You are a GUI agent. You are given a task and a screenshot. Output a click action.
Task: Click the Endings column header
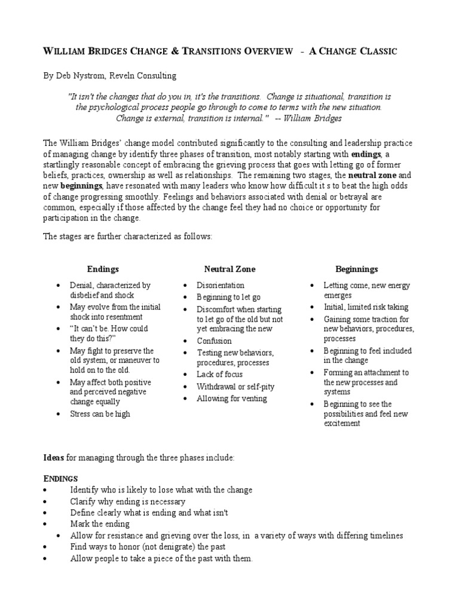[103, 270]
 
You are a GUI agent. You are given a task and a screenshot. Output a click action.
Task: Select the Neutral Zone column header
[229, 270]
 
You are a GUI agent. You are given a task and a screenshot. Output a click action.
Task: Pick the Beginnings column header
[356, 270]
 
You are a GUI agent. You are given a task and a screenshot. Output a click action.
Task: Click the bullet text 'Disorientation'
[221, 286]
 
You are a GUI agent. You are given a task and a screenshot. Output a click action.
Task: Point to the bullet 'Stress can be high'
[100, 414]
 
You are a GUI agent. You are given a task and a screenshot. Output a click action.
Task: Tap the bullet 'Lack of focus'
[220, 374]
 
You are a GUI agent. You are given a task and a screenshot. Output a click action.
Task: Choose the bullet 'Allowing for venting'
[232, 398]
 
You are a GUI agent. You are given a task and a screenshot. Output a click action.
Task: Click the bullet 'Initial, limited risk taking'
[366, 307]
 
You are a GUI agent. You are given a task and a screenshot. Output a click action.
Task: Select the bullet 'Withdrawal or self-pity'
[236, 386]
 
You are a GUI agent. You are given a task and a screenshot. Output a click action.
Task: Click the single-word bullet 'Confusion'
[214, 341]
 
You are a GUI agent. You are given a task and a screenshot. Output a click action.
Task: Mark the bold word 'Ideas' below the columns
[54, 457]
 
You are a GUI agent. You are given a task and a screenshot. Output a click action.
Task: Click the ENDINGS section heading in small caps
[60, 479]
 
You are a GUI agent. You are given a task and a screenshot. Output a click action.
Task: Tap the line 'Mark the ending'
[100, 524]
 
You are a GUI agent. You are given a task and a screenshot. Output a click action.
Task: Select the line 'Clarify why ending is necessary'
[127, 501]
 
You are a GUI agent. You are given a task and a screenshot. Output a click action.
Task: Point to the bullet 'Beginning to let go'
[229, 297]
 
